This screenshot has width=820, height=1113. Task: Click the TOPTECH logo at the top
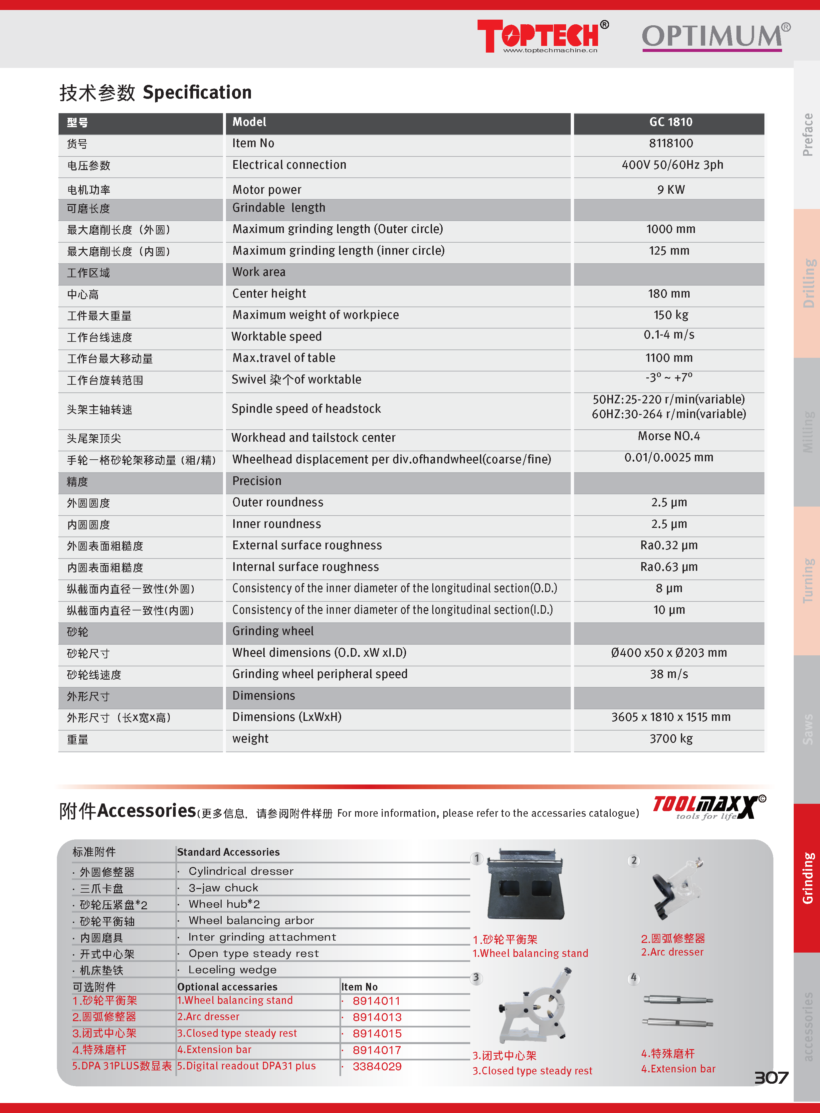(x=542, y=36)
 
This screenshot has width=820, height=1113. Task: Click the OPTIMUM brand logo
(x=715, y=37)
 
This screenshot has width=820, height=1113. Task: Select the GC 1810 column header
(x=670, y=122)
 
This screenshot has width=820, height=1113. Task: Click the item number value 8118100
(x=671, y=143)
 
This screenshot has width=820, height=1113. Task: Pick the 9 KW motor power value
(x=671, y=190)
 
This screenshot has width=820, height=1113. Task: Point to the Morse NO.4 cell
(x=669, y=436)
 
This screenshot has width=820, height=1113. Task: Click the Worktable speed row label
(x=277, y=336)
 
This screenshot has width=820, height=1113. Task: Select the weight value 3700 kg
(x=671, y=739)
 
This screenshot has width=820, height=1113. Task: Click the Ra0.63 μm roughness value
(x=669, y=567)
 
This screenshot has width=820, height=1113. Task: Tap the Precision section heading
(x=257, y=481)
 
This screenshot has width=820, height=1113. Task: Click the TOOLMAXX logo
(x=709, y=807)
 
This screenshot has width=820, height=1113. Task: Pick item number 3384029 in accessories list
(x=377, y=1066)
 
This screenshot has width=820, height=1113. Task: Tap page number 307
(x=771, y=1078)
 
